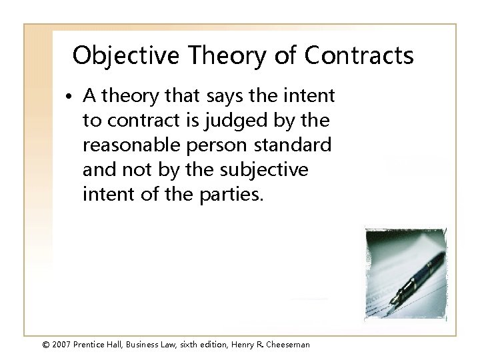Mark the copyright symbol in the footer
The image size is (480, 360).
[26, 344]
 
